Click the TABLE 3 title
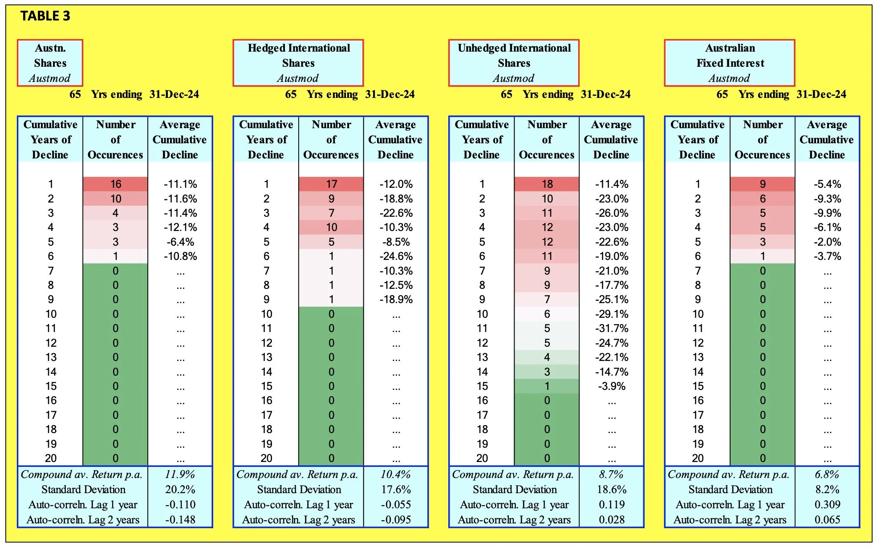[45, 16]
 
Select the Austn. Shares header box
[50, 63]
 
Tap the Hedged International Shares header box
[298, 63]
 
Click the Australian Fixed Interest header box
[730, 63]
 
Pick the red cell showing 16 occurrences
[115, 184]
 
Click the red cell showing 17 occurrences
[331, 184]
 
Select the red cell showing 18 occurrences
[547, 184]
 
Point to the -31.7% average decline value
[612, 328]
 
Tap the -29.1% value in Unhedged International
[612, 314]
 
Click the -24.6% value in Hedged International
[396, 256]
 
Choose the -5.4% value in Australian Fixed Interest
[827, 184]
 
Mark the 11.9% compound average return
[180, 474]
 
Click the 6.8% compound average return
[827, 474]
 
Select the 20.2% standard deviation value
[180, 490]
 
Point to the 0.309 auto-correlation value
[827, 505]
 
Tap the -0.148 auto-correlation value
[180, 520]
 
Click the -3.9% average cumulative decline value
[612, 386]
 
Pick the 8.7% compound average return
[612, 474]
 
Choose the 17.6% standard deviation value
[396, 490]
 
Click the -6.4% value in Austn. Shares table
[180, 242]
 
